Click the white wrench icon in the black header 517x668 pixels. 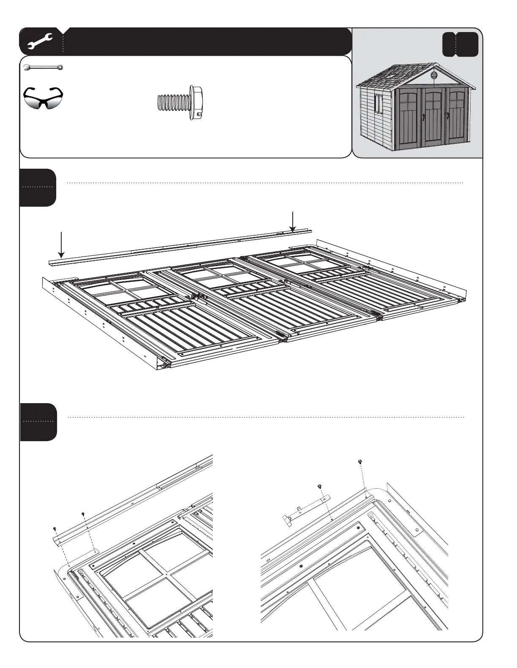(39, 42)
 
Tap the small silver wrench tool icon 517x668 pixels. (43, 67)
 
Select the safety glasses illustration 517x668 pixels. (43, 98)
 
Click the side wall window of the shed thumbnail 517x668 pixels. (378, 104)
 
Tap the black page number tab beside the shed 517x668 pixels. (460, 45)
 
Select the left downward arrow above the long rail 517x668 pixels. (62, 244)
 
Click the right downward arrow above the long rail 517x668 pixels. (292, 221)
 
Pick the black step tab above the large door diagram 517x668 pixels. (38, 187)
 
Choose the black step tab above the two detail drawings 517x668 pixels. (38, 422)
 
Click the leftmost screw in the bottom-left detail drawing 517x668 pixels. (55, 528)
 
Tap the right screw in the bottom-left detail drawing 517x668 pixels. (83, 514)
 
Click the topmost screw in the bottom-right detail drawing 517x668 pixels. (360, 462)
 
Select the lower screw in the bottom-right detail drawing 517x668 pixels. (320, 486)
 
